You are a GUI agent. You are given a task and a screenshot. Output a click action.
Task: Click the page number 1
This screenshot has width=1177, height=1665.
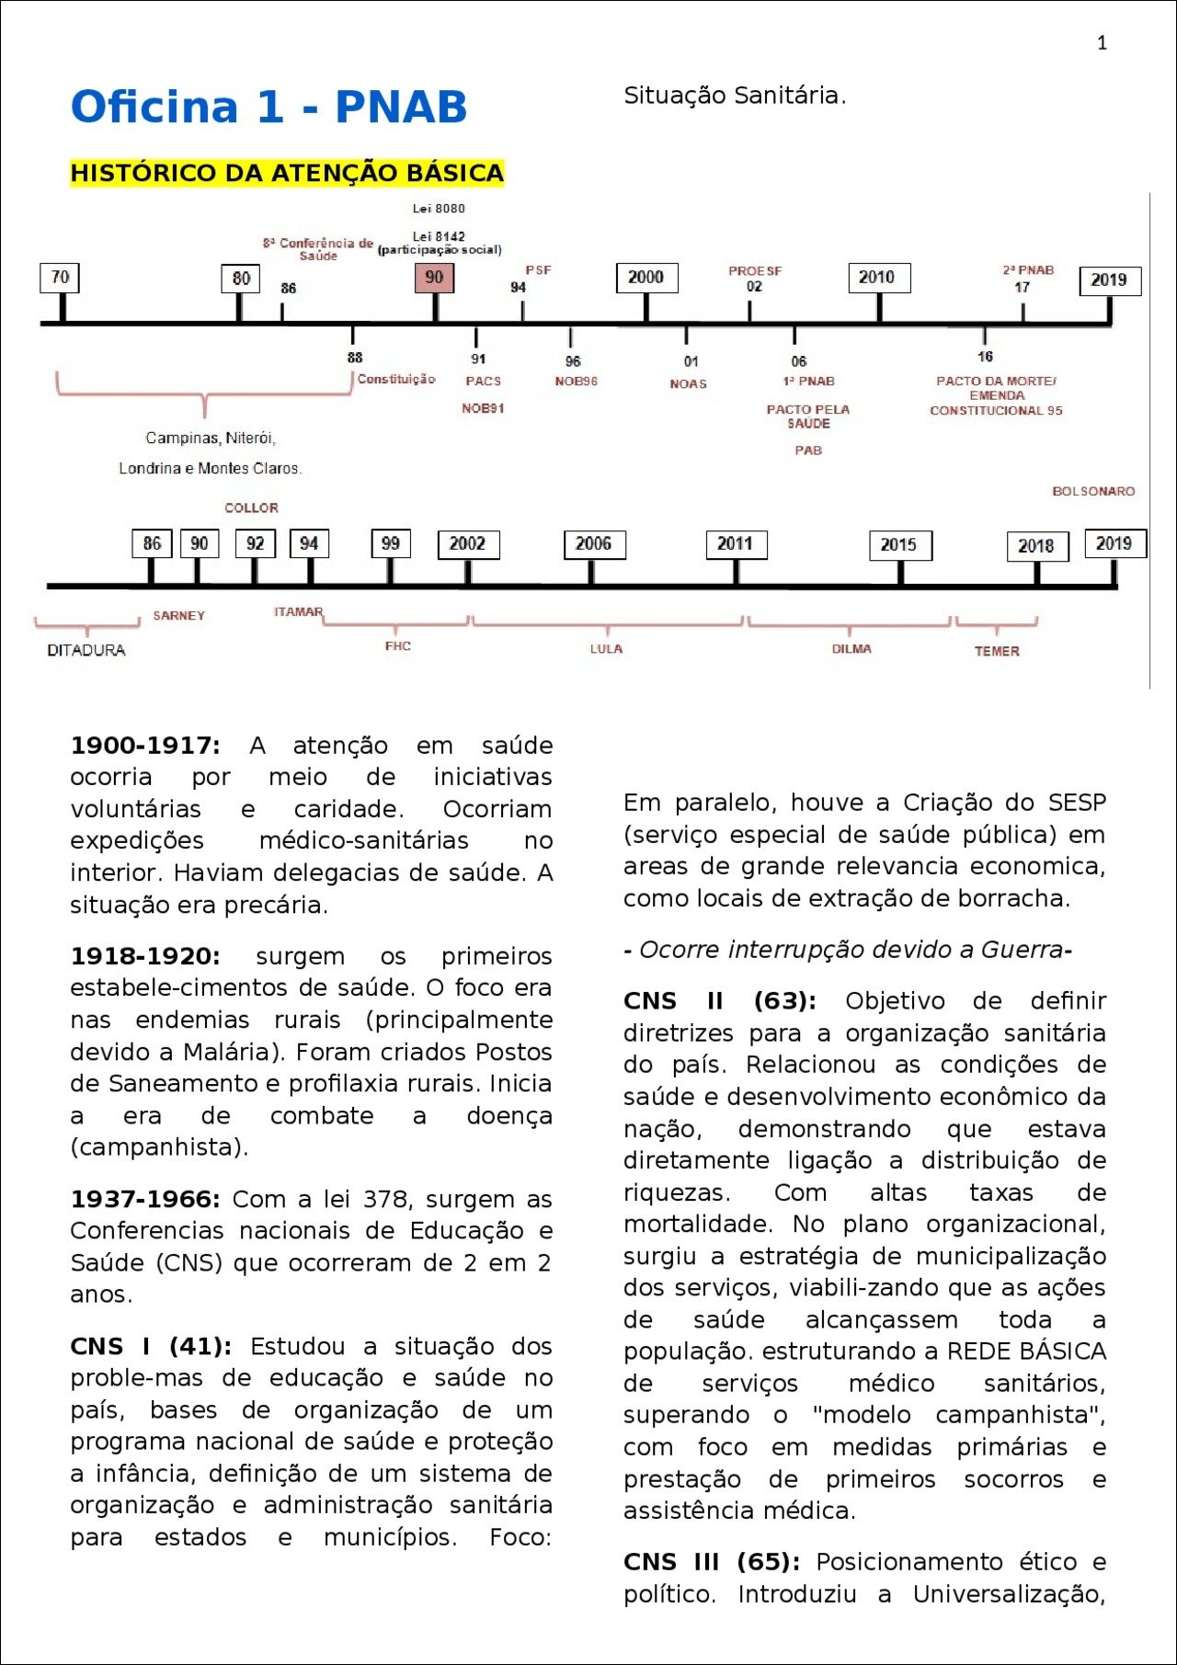click(1102, 43)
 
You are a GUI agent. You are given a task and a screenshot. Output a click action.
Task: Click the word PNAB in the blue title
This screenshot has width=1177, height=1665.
click(401, 107)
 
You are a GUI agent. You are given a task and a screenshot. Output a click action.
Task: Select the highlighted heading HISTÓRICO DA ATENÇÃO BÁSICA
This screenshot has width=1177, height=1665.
click(287, 173)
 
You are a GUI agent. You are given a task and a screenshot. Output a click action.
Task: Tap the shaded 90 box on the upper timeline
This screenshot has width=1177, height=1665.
click(434, 278)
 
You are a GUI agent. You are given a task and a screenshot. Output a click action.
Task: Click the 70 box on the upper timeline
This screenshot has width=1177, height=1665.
click(61, 278)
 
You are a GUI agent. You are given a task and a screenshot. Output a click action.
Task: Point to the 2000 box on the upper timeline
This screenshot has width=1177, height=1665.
click(646, 278)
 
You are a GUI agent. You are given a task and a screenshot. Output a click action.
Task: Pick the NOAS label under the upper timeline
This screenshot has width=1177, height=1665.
click(688, 383)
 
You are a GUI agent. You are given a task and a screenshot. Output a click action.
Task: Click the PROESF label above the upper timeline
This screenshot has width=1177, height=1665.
click(755, 271)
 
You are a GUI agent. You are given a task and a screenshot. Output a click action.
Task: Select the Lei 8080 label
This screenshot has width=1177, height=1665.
click(439, 209)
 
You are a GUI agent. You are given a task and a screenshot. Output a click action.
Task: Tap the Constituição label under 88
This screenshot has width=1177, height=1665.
click(396, 379)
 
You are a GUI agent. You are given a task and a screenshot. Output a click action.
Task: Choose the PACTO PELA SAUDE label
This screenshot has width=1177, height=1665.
click(808, 416)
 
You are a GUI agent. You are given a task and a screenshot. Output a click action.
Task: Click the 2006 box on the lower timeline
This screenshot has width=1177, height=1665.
click(593, 544)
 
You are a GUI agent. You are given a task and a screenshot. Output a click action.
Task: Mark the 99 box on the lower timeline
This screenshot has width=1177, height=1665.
click(391, 544)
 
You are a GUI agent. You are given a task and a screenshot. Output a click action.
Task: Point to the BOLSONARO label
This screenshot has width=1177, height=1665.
click(1093, 491)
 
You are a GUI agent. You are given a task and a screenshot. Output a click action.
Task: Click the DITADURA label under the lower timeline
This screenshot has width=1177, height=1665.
click(86, 650)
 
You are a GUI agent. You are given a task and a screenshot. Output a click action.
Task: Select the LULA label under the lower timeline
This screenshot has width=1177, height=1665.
click(606, 649)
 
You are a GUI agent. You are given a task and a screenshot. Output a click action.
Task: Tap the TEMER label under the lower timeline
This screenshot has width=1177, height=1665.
click(997, 651)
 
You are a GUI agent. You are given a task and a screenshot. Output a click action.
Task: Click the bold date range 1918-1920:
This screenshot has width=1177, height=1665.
click(145, 956)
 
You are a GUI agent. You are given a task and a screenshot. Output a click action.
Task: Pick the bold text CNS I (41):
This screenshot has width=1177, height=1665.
click(151, 1346)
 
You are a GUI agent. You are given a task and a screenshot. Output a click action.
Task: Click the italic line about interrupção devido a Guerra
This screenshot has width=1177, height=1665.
click(848, 950)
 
